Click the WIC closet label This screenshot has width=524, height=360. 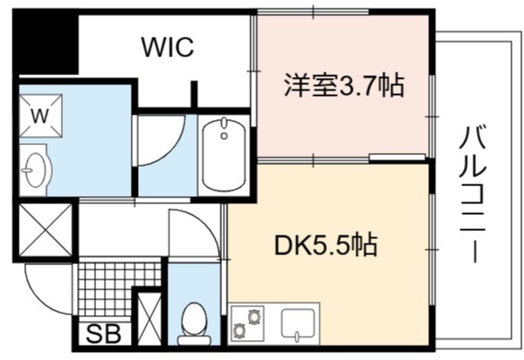(168, 47)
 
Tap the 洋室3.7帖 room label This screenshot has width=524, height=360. (344, 86)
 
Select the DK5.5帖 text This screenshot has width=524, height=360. (326, 244)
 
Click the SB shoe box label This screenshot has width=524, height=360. (103, 334)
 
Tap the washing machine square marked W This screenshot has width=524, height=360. (40, 116)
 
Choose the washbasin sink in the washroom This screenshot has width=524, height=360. (36, 170)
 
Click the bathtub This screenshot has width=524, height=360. (224, 155)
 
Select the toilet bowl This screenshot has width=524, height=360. (193, 323)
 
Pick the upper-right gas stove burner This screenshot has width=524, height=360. (253, 316)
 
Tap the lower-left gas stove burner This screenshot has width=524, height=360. (239, 330)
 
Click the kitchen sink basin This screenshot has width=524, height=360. (297, 323)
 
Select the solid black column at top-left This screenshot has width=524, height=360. (45, 41)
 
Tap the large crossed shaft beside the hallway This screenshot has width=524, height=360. (45, 230)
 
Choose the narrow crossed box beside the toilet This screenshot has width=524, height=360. (150, 319)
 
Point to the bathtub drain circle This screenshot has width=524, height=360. (224, 136)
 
